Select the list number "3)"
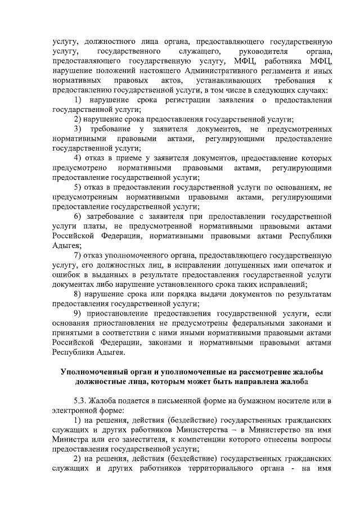click(79, 129)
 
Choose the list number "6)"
click(79, 217)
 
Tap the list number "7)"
click(79, 255)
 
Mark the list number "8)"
click(79, 294)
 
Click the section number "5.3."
click(84, 400)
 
